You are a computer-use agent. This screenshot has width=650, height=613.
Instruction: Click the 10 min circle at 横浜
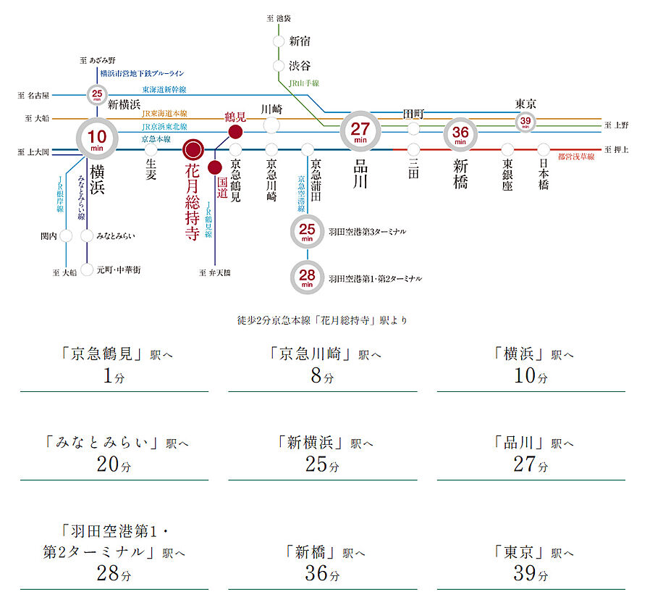[x=97, y=138]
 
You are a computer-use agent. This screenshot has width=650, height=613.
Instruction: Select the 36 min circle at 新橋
[x=461, y=133]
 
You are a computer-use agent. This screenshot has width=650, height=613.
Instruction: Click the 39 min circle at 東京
[x=525, y=122]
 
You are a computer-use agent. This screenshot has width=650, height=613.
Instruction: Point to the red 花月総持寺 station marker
[x=193, y=149]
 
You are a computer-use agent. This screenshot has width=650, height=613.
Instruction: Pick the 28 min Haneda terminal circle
[x=307, y=278]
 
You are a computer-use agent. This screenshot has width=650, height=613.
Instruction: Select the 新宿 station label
[x=300, y=41]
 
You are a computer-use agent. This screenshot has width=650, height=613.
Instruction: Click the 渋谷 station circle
[x=279, y=66]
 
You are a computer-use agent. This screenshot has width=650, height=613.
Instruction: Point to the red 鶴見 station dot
[x=235, y=132]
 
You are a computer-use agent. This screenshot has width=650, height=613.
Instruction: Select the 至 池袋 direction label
[x=279, y=17]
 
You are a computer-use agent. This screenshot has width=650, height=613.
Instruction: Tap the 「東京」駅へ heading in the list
[x=531, y=552]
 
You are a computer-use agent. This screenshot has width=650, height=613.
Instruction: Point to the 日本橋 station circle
[x=543, y=149]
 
